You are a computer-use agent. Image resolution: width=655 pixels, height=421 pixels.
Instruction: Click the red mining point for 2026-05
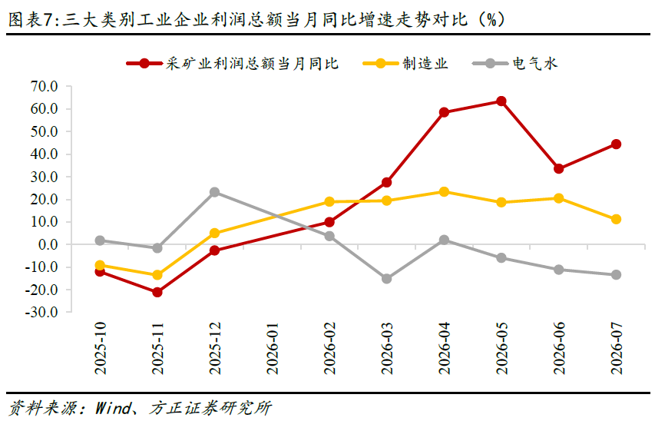[501, 101]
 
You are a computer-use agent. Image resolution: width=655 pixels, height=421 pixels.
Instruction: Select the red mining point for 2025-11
[157, 292]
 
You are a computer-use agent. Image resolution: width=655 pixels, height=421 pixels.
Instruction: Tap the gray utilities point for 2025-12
[214, 192]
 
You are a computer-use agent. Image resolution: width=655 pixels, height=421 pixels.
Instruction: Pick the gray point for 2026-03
[386, 278]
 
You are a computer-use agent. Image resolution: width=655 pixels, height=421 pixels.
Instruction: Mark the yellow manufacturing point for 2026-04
[444, 192]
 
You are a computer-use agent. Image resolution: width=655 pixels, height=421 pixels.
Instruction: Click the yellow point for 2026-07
[616, 219]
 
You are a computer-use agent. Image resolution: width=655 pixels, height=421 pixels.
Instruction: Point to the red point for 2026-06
[558, 168]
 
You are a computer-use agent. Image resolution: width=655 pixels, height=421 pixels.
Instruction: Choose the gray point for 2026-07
[616, 275]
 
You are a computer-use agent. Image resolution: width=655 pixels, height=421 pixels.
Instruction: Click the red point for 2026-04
[444, 112]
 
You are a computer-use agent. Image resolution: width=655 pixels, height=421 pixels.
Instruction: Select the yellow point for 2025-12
[214, 233]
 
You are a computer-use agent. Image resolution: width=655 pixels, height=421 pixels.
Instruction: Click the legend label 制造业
[425, 64]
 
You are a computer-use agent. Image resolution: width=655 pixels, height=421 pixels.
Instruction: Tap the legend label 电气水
[534, 64]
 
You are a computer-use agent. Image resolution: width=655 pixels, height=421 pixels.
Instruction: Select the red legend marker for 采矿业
[144, 64]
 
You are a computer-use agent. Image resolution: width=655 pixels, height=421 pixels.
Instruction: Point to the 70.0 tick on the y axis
[44, 87]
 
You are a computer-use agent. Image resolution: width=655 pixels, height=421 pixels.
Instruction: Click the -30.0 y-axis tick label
[41, 313]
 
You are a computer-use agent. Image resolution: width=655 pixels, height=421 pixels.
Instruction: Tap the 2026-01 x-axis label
[272, 348]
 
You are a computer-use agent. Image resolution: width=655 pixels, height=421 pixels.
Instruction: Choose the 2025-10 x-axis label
[100, 348]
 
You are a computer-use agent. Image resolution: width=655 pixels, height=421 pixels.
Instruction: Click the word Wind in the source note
[113, 408]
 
